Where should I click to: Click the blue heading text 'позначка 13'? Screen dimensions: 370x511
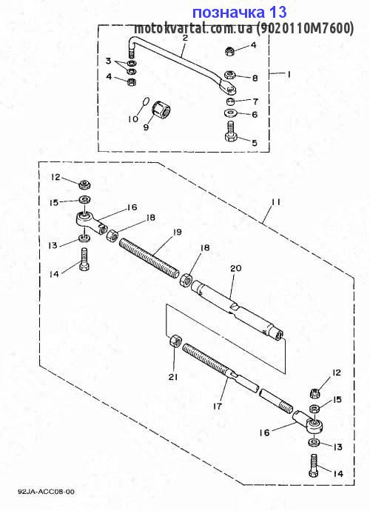[x=240, y=13]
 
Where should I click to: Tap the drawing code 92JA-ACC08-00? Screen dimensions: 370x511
[x=46, y=492]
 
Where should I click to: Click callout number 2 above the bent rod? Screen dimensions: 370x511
[x=185, y=37]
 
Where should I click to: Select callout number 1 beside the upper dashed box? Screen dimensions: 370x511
[x=288, y=74]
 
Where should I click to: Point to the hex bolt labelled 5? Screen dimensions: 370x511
[x=231, y=131]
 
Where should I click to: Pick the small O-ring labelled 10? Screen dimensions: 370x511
[x=146, y=101]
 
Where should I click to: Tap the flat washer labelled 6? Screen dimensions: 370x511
[x=231, y=114]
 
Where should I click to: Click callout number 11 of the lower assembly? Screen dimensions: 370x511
[x=276, y=202]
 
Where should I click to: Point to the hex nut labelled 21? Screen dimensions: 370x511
[x=175, y=341]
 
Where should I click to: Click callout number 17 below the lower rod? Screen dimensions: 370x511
[x=218, y=406]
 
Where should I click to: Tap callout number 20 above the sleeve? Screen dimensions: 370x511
[x=236, y=268]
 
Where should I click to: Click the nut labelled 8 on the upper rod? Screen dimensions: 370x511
[x=231, y=76]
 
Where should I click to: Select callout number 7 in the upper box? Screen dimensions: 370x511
[x=255, y=101]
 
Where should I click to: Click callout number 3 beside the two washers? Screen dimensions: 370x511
[x=109, y=61]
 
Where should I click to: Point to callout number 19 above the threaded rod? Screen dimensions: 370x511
[x=177, y=232]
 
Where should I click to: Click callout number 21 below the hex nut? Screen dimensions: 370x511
[x=173, y=377]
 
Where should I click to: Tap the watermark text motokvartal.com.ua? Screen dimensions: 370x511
[x=193, y=29]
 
